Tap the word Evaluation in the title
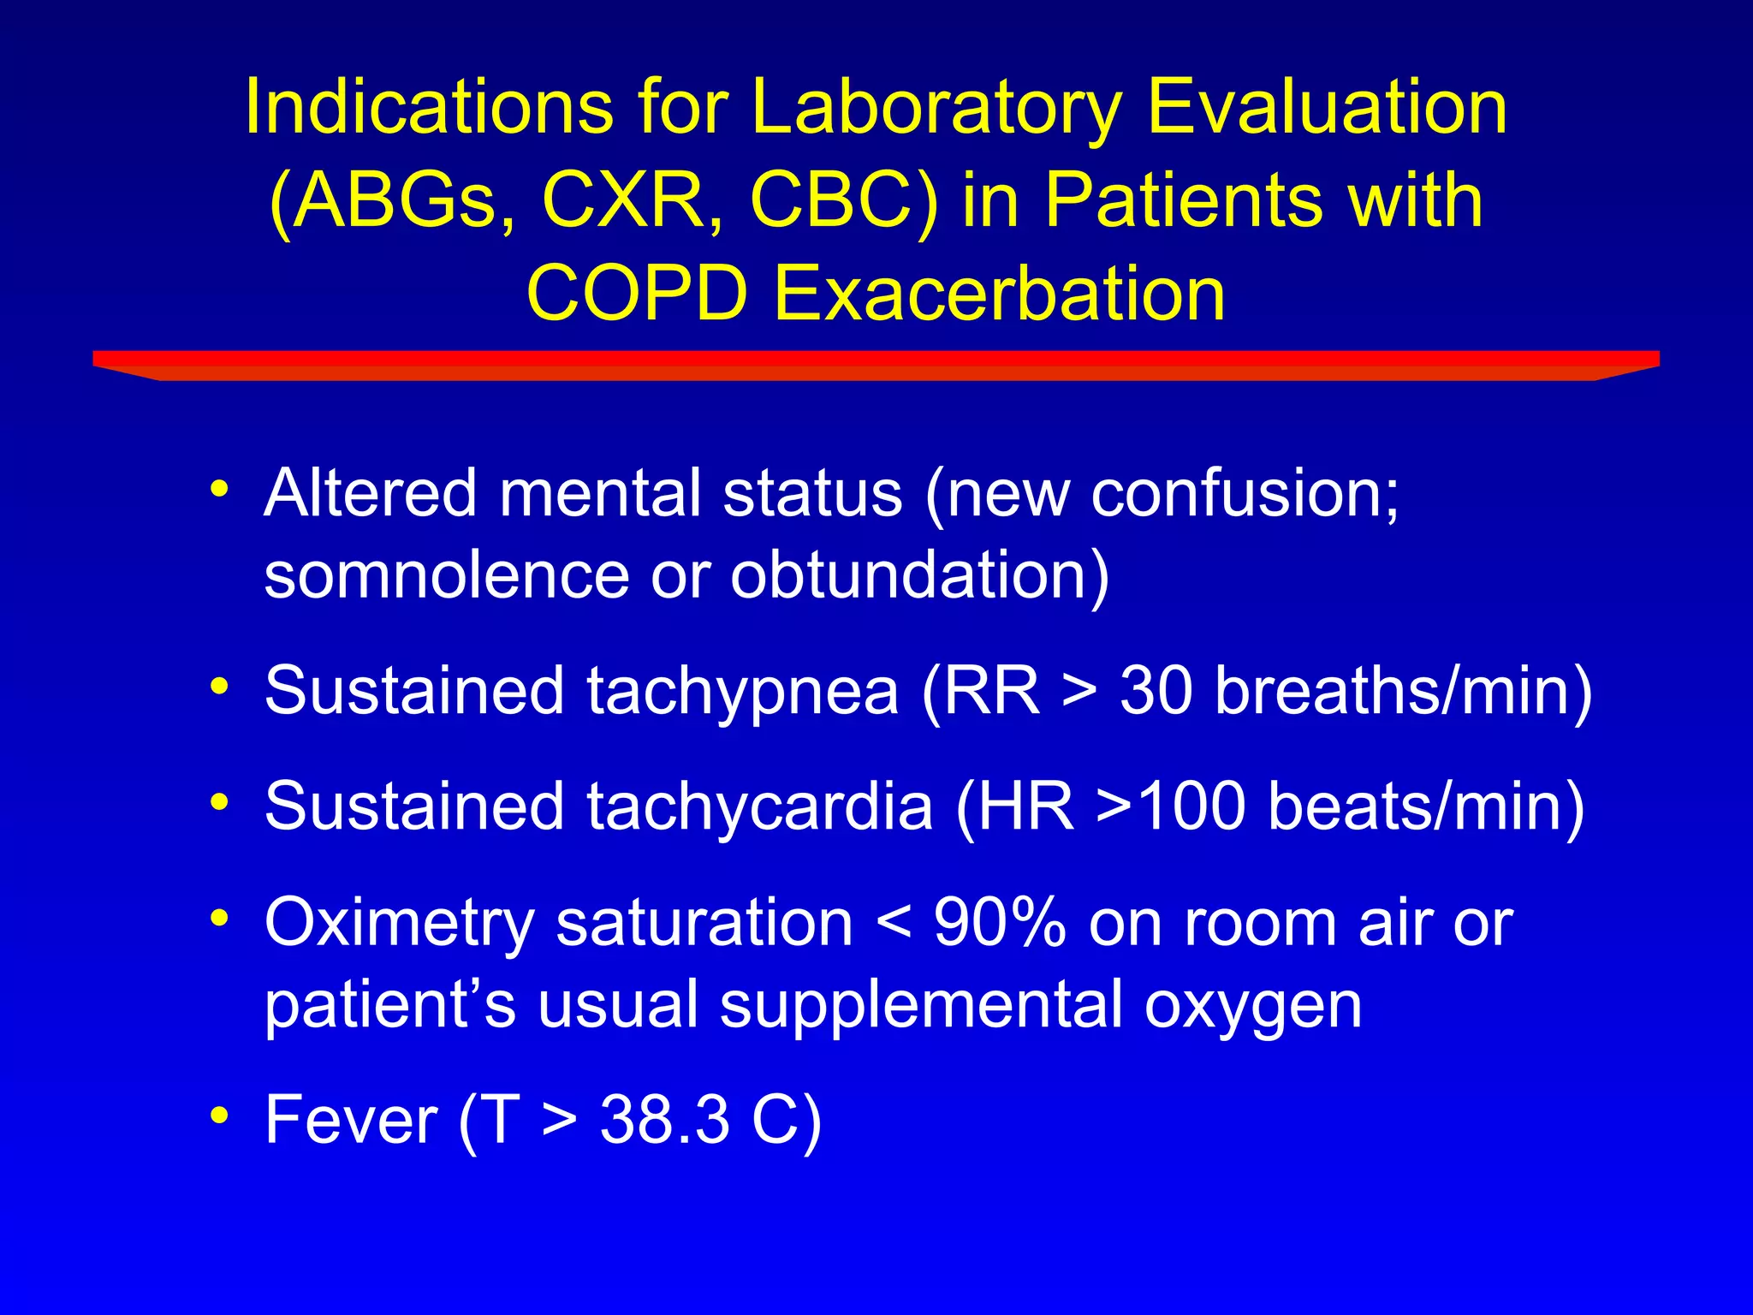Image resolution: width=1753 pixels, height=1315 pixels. coord(1327,108)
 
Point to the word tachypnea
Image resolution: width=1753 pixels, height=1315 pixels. coord(741,691)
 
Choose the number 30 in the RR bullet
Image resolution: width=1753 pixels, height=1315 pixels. coord(1156,691)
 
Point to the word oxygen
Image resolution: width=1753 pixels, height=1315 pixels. coord(1253,1005)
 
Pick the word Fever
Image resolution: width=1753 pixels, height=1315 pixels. coord(351,1120)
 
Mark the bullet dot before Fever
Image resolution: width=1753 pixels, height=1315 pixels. coord(220,1115)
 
